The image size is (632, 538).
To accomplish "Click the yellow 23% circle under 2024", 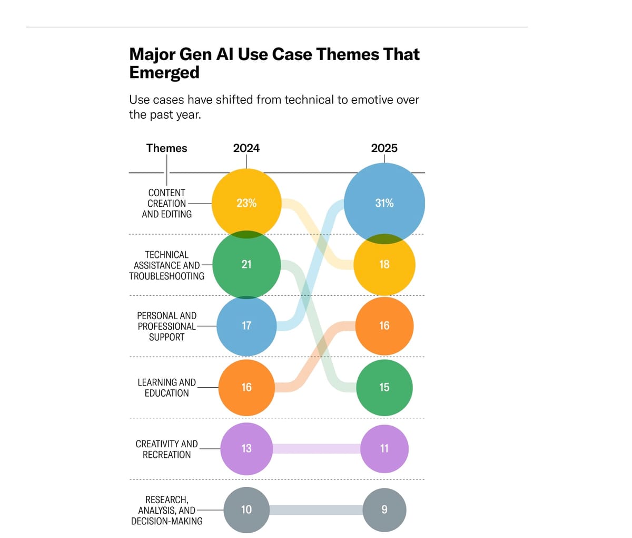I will pos(246,203).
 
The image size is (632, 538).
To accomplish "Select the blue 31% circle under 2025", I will pos(384,203).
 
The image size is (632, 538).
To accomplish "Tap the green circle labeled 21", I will pos(246,264).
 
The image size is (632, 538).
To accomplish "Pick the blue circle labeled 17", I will pos(246,325).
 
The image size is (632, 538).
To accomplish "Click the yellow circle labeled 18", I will pos(384,264).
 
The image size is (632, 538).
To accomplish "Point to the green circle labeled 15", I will pos(384,387).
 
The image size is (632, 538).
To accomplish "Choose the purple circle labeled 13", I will pos(246,448).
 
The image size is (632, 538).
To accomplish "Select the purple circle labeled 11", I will pos(384,448).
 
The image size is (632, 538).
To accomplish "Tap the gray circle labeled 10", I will pos(246,510).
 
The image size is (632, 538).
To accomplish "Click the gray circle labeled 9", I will pos(384,510).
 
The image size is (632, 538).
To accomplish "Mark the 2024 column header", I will pos(246,148).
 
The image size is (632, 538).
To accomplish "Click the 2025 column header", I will pos(384,148).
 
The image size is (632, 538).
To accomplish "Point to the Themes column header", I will pos(166,148).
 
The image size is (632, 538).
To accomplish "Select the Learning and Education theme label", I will pos(166,388).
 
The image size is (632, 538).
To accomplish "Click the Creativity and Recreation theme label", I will pos(166,449).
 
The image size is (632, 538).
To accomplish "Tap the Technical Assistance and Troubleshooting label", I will pos(166,265).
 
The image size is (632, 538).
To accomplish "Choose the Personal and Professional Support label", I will pos(166,326).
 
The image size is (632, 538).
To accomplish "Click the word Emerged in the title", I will pos(164,72).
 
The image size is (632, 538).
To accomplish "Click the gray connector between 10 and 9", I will pos(316,510).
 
